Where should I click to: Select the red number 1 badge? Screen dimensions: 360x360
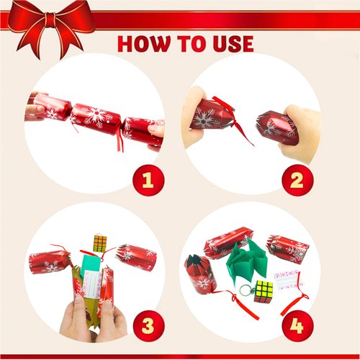tap(148, 180)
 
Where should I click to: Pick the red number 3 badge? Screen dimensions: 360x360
tap(148, 325)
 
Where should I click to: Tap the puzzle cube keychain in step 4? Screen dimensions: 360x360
tap(263, 289)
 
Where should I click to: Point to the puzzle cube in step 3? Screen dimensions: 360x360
tap(100, 243)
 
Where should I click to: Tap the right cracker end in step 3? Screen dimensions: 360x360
tap(137, 256)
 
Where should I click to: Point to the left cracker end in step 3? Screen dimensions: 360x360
tap(49, 261)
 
